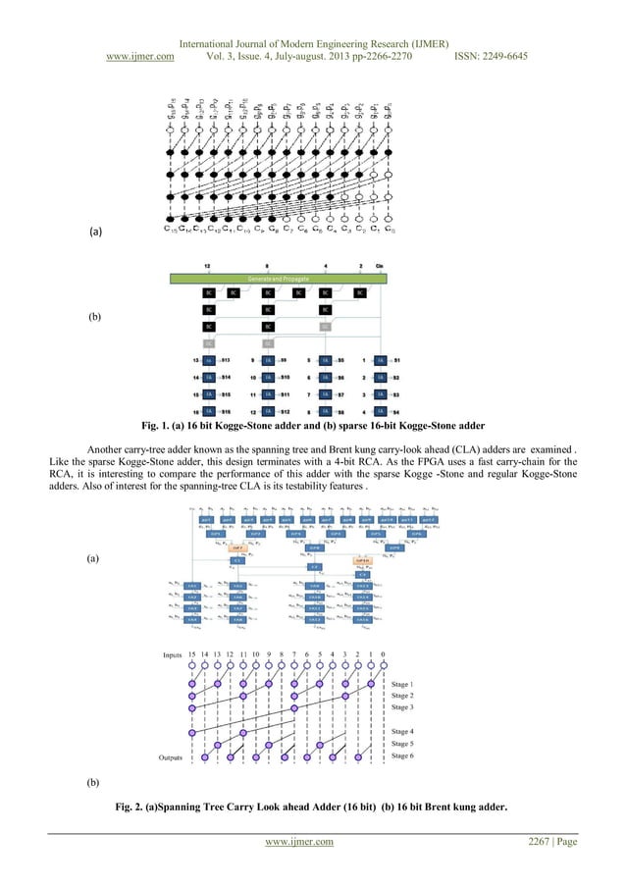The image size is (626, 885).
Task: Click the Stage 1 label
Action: pos(402,684)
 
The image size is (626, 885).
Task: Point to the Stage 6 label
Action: pos(402,756)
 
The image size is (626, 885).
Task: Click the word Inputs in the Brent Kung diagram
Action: pos(176,653)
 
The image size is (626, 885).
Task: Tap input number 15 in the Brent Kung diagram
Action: pos(204,654)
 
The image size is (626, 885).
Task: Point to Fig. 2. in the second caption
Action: pos(133,807)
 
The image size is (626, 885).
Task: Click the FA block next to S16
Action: pos(208,411)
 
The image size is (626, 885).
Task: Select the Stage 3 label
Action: pos(402,706)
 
